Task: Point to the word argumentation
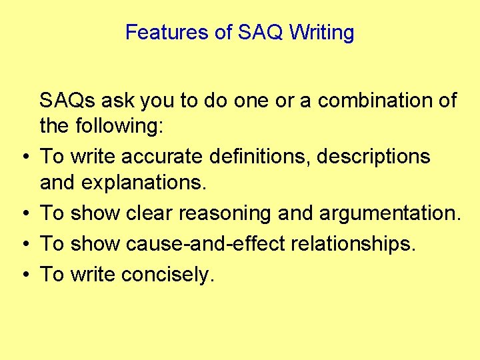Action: coord(389,213)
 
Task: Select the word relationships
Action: coord(352,243)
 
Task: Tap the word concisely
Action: coord(167,274)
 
